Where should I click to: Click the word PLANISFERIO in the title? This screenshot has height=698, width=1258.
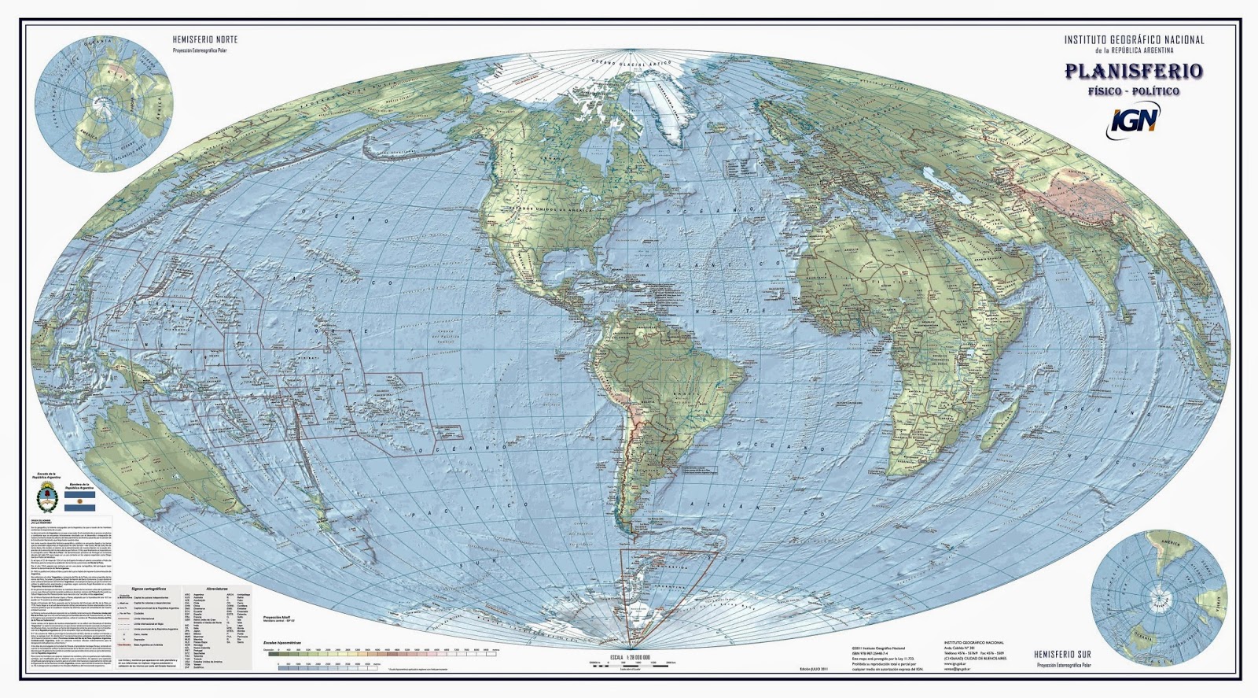point(1133,72)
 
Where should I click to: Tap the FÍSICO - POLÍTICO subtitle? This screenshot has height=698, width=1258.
point(1133,91)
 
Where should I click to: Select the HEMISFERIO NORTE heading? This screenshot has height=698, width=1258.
point(204,39)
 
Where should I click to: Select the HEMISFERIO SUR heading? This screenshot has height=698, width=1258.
point(1062,655)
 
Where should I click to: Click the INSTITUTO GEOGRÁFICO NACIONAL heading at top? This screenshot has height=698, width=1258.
point(1133,39)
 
